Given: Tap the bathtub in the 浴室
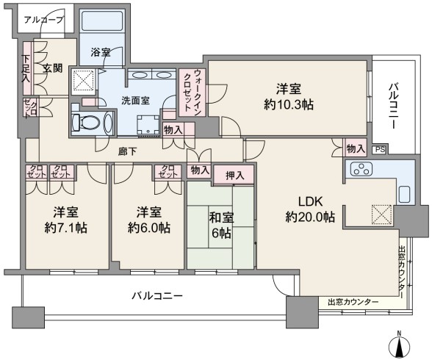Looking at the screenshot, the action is click(x=102, y=21).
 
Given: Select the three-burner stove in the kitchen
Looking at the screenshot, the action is click(x=361, y=169).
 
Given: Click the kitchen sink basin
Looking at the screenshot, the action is click(x=406, y=195).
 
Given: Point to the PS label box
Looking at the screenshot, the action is click(x=380, y=150).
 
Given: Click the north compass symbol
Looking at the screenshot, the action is click(x=399, y=345).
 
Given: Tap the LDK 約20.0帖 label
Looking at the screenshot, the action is click(x=310, y=209).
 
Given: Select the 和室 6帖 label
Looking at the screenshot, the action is click(x=221, y=226).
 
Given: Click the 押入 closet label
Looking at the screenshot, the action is click(x=235, y=176).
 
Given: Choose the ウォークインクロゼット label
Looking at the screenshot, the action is click(x=192, y=91).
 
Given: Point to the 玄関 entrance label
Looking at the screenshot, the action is click(x=52, y=68).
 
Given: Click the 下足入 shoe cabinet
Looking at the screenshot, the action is click(x=27, y=68).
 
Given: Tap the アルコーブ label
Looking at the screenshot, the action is click(x=44, y=20).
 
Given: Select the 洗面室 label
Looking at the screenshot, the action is click(x=135, y=101).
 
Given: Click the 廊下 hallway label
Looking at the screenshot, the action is click(x=127, y=151).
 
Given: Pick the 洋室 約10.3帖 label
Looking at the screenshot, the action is click(x=289, y=97).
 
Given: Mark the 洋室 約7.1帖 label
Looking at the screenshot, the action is click(x=66, y=220).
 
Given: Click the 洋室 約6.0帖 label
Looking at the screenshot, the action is click(x=148, y=220).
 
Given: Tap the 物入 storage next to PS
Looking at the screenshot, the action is click(x=356, y=149).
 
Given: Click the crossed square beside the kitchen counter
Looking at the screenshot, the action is click(x=381, y=215).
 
